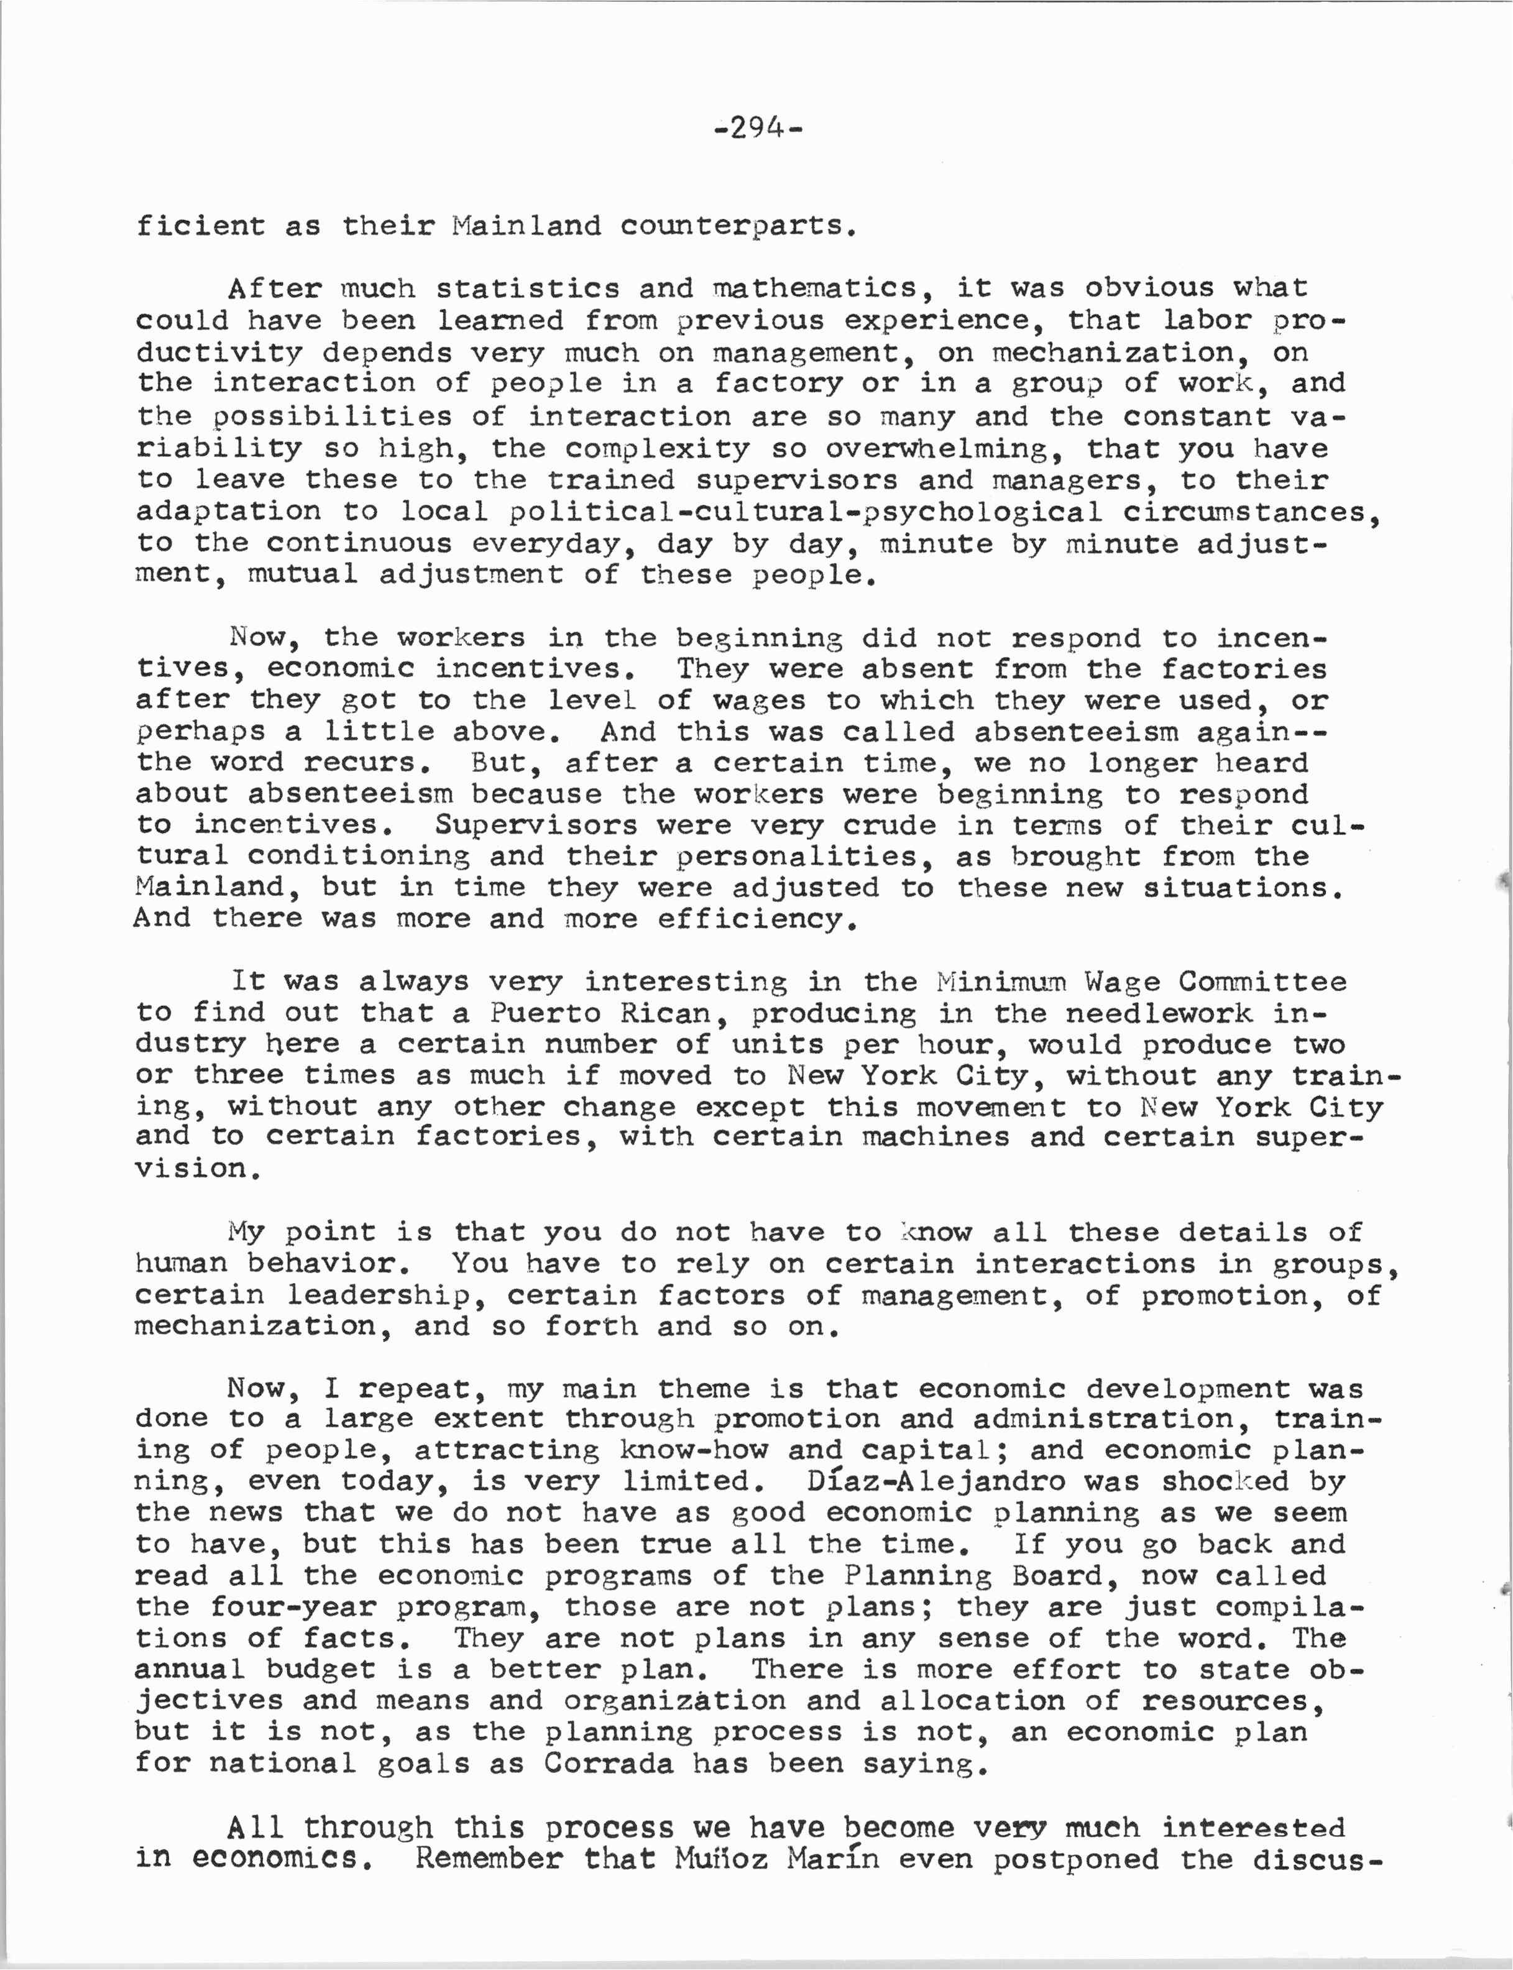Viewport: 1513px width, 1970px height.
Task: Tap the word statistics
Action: pos(528,288)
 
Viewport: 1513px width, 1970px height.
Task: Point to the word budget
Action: pos(320,1669)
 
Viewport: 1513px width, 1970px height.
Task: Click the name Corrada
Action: pos(609,1763)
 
